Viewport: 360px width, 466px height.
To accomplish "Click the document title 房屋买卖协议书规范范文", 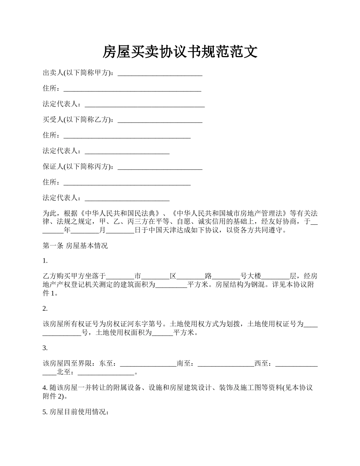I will tap(180, 52).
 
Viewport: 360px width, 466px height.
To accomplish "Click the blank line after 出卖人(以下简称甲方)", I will tap(160, 73).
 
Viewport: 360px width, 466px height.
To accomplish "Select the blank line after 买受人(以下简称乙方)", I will tap(160, 120).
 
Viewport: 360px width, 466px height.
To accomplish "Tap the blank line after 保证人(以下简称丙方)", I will tap(160, 167).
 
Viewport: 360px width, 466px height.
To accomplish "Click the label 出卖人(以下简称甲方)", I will tap(78, 73).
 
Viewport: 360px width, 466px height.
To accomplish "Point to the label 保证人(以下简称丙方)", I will tap(78, 167).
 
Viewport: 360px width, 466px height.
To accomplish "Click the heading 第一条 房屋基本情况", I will tap(75, 246).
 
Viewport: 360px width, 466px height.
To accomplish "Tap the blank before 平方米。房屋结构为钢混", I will tap(171, 285).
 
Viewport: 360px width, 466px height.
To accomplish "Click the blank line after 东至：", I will tap(148, 364).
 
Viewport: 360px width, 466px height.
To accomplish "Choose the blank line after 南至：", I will tap(226, 364).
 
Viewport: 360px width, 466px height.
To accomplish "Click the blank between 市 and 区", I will tap(155, 276).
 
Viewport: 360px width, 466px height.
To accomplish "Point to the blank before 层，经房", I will tap(275, 276).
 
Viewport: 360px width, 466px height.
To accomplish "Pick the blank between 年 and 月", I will tap(85, 230).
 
